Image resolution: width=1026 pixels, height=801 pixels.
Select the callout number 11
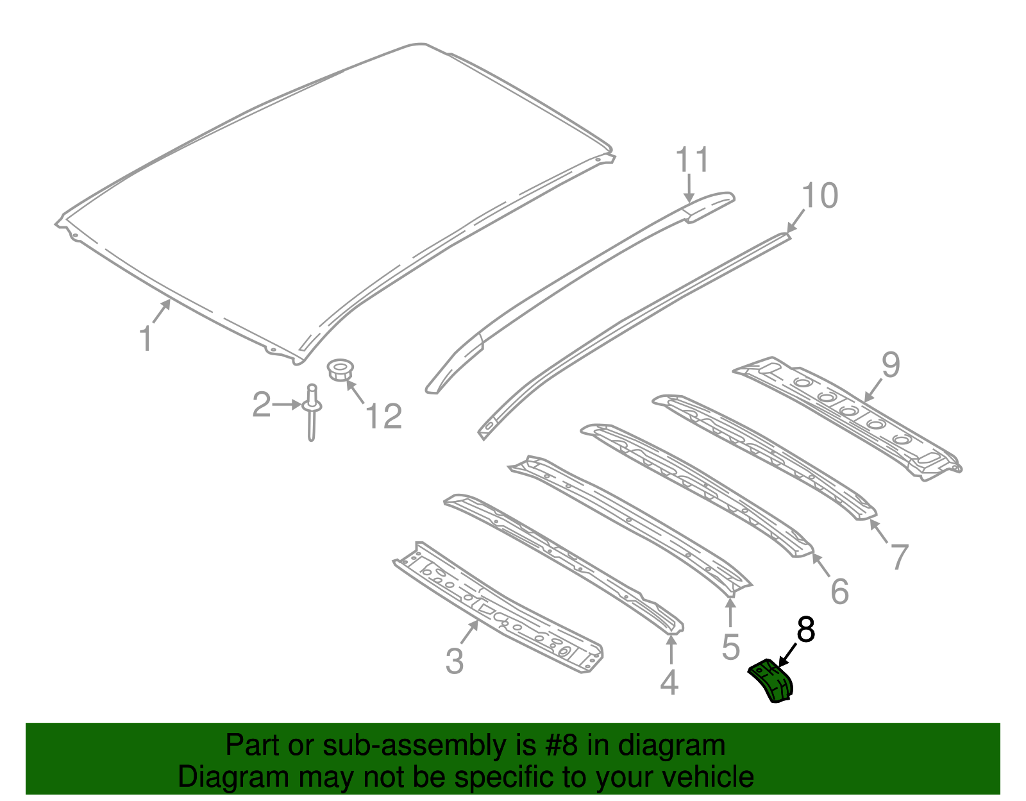(x=693, y=160)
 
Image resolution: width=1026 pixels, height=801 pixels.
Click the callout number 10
(x=820, y=196)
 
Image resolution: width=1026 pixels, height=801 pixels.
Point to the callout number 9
(x=891, y=365)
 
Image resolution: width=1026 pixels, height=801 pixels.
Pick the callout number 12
(x=383, y=416)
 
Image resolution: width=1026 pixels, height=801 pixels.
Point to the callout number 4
(x=669, y=682)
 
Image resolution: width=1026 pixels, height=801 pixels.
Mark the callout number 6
(x=839, y=591)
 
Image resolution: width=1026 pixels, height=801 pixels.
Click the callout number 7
(x=899, y=557)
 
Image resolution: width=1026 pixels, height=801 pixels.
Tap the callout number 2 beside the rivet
(x=261, y=405)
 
